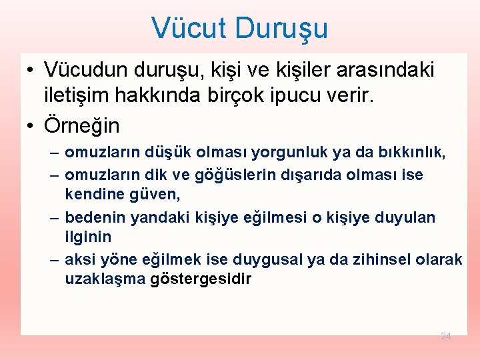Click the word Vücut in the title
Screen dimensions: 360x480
point(191,28)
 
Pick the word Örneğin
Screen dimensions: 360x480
point(81,125)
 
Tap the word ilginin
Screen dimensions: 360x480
point(88,237)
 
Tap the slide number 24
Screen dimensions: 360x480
point(446,336)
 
